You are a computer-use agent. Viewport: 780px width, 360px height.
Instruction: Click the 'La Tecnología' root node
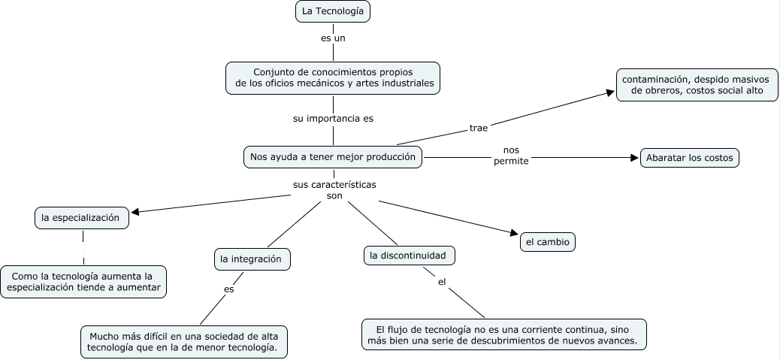click(x=333, y=11)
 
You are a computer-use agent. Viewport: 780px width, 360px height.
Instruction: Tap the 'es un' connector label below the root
click(x=333, y=37)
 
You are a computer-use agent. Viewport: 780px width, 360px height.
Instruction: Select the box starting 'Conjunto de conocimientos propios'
click(x=333, y=77)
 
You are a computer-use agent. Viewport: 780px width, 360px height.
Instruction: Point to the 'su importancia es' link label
click(x=333, y=118)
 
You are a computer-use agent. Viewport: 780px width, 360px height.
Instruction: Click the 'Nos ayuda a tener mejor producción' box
click(x=333, y=157)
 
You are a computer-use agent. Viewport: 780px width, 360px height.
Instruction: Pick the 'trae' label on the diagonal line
click(x=479, y=128)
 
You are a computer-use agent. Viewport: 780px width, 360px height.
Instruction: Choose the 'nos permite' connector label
click(x=511, y=156)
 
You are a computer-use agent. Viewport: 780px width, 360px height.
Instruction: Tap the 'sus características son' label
click(x=334, y=189)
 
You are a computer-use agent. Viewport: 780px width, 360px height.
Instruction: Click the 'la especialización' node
click(x=81, y=218)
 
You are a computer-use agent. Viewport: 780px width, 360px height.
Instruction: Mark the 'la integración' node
click(x=251, y=259)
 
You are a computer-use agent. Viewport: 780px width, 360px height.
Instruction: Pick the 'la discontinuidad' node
click(x=409, y=256)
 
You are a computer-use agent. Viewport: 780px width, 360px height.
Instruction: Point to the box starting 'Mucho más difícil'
click(x=183, y=342)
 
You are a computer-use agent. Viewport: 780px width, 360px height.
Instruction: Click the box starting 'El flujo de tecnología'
click(x=503, y=334)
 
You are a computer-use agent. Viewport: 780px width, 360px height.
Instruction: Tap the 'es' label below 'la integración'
click(x=228, y=289)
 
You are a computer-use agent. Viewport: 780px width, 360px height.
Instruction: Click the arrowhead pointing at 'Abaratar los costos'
click(x=633, y=158)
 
